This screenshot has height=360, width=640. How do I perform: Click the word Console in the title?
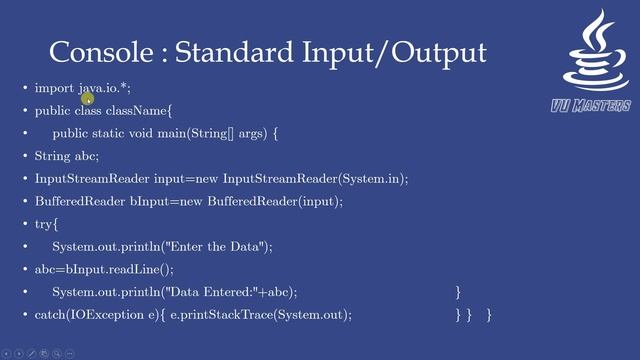tap(95, 52)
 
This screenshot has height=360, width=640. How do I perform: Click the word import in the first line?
tap(54, 88)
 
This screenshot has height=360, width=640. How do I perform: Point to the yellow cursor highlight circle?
tap(87, 93)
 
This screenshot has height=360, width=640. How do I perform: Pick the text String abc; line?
tap(67, 156)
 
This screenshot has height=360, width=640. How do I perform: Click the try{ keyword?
tap(47, 224)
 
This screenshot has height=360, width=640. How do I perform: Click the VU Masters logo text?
tap(590, 106)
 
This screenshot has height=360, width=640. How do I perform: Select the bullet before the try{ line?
tap(25, 224)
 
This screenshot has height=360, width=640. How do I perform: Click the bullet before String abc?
tap(25, 156)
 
